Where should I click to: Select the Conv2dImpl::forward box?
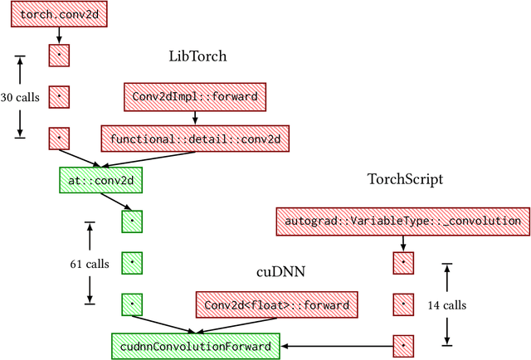coord(194,97)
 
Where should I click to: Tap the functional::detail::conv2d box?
coord(194,138)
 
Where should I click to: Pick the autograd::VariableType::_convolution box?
coord(402,221)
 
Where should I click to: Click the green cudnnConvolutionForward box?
coord(195,345)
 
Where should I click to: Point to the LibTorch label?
coord(197,56)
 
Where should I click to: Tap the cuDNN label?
coord(278,272)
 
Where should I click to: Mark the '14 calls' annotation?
coord(447,304)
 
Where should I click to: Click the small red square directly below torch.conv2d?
coord(59,56)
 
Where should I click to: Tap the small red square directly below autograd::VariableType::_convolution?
coord(402,263)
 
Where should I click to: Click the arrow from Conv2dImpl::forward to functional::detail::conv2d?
coord(194,117)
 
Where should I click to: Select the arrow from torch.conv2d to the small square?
coord(59,35)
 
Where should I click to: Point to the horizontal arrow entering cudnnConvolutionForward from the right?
coord(336,345)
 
